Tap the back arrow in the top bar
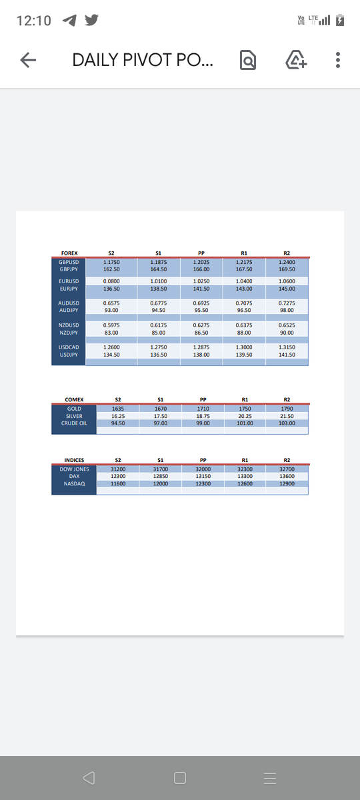pos(27,61)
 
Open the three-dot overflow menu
pos(338,61)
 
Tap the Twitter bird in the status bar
pos(91,21)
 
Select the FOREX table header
pos(69,253)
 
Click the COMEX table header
pos(74,399)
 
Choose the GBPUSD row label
pos(69,263)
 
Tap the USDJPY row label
pos(69,355)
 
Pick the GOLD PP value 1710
pos(203,408)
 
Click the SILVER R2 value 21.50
pos(287,416)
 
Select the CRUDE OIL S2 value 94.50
pos(118,423)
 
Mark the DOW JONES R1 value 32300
pos(245,469)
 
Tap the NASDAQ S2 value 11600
pos(118,484)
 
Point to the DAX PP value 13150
pos(203,477)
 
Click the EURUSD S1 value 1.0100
pos(159,282)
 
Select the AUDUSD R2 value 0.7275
pos(287,303)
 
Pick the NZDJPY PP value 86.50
pos(201,332)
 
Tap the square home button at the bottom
pos(179,778)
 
